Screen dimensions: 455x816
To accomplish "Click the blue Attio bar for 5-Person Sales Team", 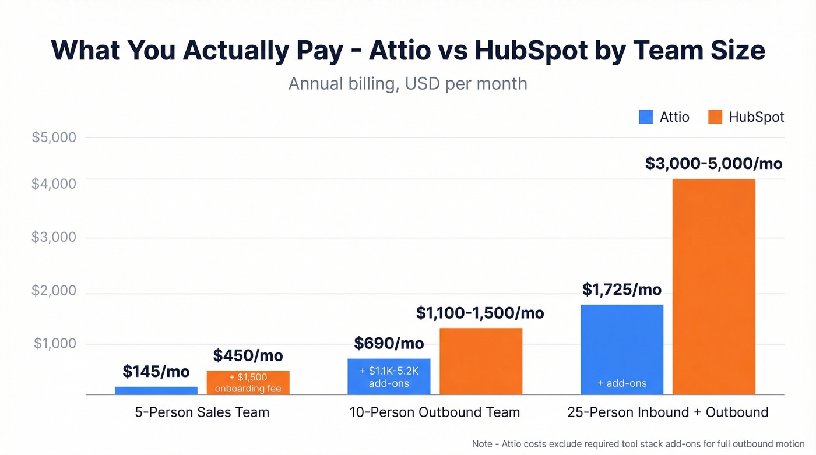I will (156, 390).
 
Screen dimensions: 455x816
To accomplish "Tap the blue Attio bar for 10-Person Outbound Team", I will (389, 376).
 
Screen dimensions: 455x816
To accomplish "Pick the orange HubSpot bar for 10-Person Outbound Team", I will (480, 361).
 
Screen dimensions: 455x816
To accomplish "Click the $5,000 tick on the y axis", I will (54, 137).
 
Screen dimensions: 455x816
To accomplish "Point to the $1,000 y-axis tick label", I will (54, 343).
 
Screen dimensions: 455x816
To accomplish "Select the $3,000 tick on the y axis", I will (54, 237).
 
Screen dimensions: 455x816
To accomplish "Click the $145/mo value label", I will (156, 371).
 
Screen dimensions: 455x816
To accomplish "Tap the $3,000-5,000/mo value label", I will (713, 163).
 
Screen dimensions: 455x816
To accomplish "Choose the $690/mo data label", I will (389, 343).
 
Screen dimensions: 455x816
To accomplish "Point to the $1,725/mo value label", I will (622, 289).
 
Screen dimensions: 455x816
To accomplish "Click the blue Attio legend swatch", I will (645, 117).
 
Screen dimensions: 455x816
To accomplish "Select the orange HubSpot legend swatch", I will (715, 117).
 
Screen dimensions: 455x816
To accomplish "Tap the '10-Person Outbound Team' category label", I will (434, 412).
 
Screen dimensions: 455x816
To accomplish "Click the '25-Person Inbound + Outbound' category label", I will (668, 412).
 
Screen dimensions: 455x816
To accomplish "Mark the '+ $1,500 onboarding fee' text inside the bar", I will (248, 383).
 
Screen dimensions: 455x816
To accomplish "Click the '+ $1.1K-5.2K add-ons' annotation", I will (389, 377).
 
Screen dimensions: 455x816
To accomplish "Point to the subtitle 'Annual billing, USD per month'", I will (407, 83).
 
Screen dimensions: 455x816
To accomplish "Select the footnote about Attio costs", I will (638, 443).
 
